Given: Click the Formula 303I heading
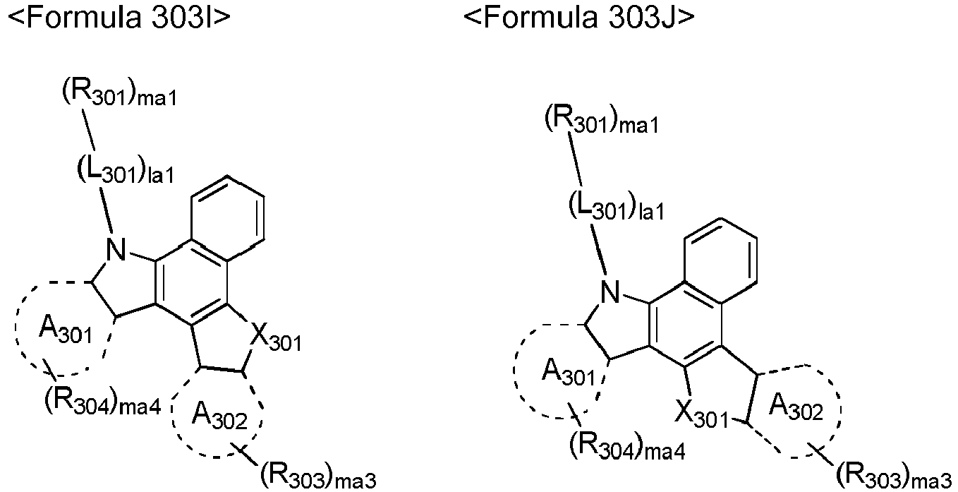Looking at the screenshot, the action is click(119, 17).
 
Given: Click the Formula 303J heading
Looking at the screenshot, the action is click(579, 17).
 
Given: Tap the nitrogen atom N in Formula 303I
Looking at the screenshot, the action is click(116, 249).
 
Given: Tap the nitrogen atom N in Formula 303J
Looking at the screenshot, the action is click(610, 292).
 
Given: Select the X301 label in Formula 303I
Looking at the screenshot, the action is click(275, 338).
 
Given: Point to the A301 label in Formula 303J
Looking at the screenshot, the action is click(569, 372).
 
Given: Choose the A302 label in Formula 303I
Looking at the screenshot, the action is click(219, 415).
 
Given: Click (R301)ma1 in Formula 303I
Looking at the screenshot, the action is click(120, 95).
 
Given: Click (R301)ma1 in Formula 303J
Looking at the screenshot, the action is click(602, 121).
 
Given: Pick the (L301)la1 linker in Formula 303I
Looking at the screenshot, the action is click(126, 170).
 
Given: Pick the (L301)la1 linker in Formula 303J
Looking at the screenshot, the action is click(617, 206).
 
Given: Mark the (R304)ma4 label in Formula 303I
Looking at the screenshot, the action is click(103, 403).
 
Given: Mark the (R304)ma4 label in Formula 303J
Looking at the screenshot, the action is click(627, 447).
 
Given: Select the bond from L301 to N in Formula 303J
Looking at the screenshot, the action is click(599, 249).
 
